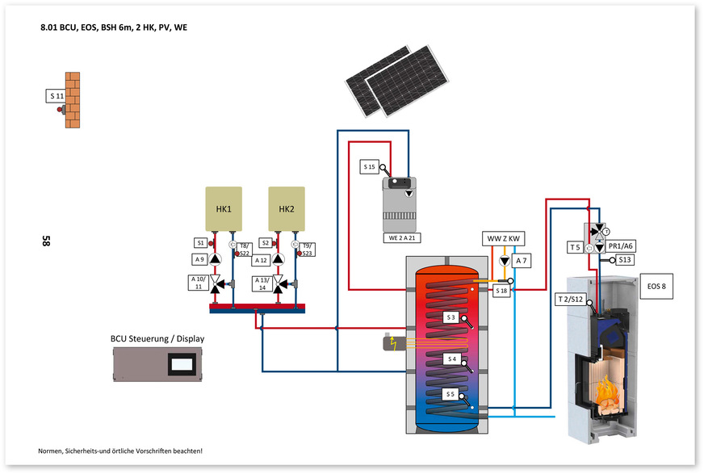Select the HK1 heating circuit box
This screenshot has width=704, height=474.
[x=224, y=209]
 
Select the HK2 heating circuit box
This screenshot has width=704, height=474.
[x=287, y=209]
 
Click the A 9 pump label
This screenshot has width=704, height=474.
[x=199, y=259]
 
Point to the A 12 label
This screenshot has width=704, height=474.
[x=261, y=260]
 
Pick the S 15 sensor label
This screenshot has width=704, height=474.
[x=370, y=167]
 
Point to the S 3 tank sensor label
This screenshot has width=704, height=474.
[x=451, y=317]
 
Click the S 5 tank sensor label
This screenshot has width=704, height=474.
[x=451, y=394]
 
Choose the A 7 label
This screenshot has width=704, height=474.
[x=522, y=260]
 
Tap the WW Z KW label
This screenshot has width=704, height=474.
[x=503, y=239]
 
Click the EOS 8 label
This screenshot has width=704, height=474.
[x=656, y=286]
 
